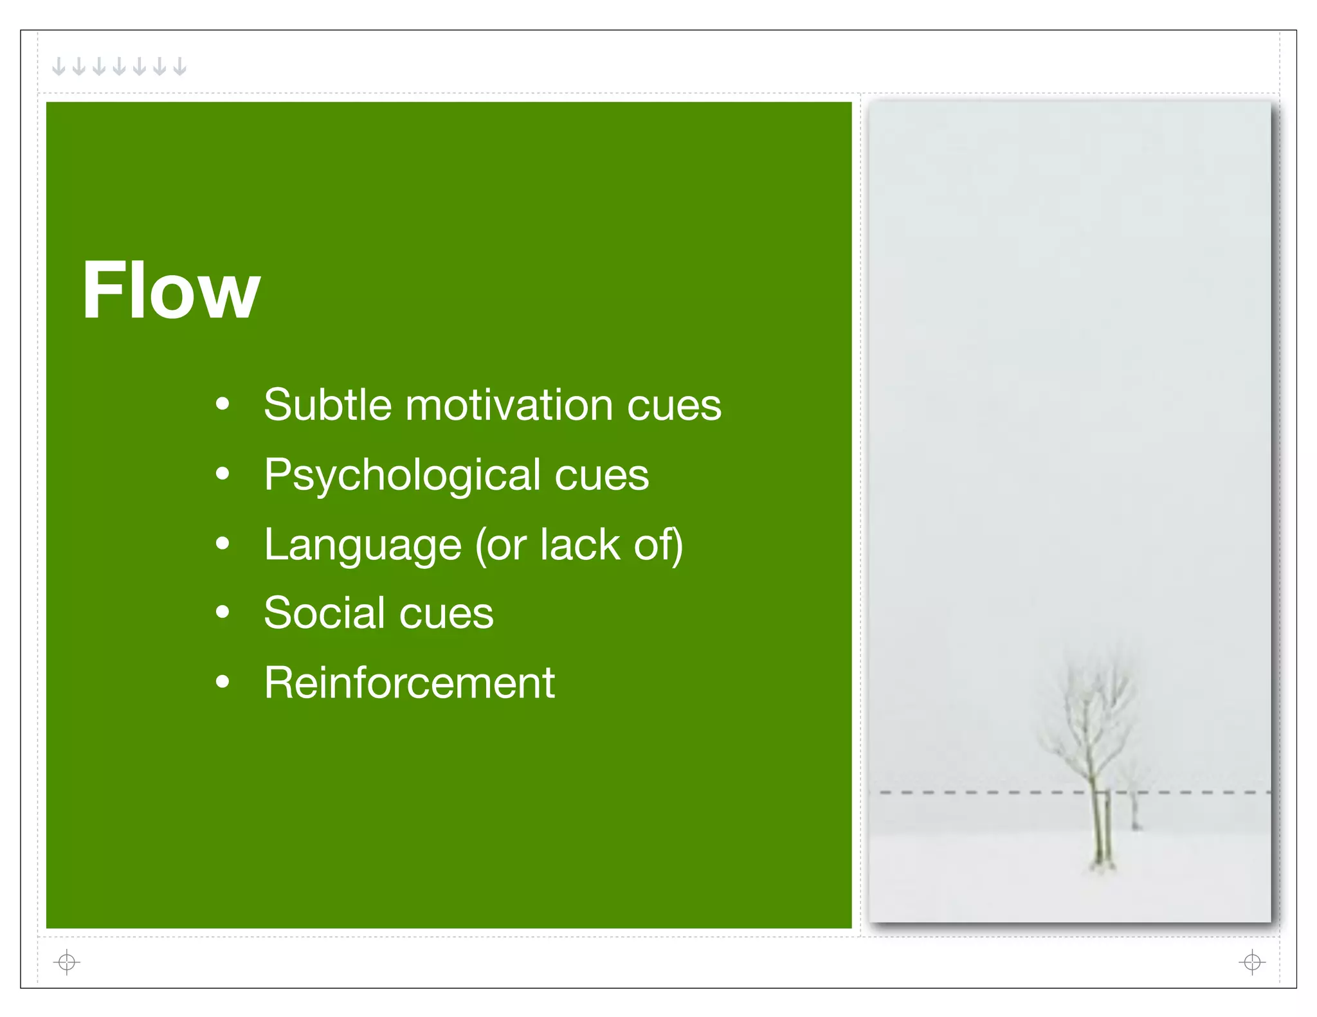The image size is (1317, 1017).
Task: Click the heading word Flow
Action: (170, 291)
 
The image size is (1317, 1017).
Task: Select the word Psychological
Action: (402, 476)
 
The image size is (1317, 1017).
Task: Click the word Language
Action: (362, 545)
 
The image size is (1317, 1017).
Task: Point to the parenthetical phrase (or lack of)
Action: (578, 545)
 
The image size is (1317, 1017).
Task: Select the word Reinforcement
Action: (409, 683)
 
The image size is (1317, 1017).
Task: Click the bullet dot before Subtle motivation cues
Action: (223, 404)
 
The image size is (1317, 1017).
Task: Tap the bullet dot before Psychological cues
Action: (223, 474)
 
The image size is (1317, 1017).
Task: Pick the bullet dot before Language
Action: (223, 544)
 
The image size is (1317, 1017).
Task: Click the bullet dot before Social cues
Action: (223, 612)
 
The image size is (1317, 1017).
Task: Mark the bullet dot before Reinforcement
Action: (223, 681)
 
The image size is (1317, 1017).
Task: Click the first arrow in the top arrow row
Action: (59, 66)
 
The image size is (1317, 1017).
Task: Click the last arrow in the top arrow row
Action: (180, 66)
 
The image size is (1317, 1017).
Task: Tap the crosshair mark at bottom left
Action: (67, 962)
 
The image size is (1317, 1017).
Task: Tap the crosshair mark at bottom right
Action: (1251, 962)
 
